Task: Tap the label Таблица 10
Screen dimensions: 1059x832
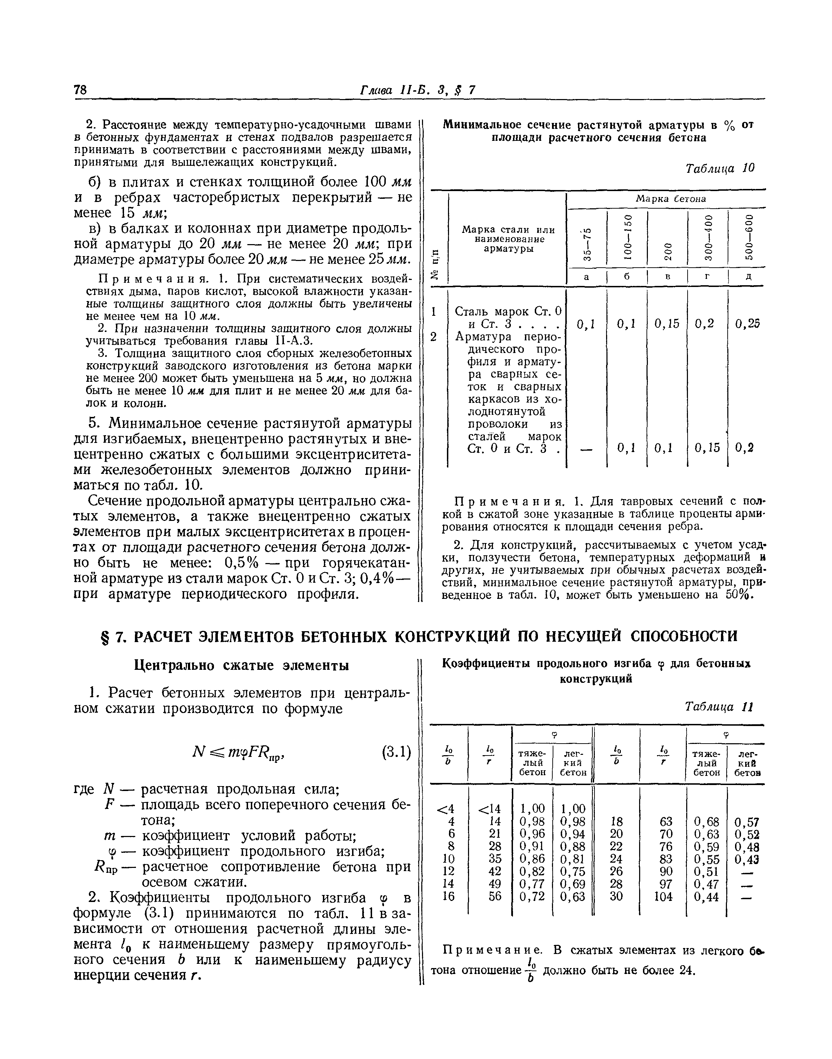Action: click(x=720, y=169)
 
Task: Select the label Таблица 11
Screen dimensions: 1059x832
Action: click(x=719, y=706)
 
